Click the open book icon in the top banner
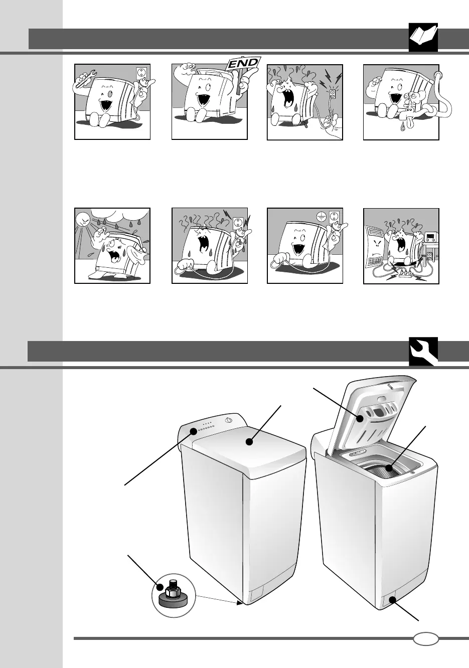tap(423, 37)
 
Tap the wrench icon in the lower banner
tap(423, 351)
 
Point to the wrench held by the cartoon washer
tap(86, 78)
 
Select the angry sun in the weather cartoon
tap(84, 221)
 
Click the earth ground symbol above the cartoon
tap(321, 217)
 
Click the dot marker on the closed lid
tap(249, 443)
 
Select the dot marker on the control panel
tap(194, 431)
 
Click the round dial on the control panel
tap(228, 420)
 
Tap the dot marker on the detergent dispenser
tap(361, 419)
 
